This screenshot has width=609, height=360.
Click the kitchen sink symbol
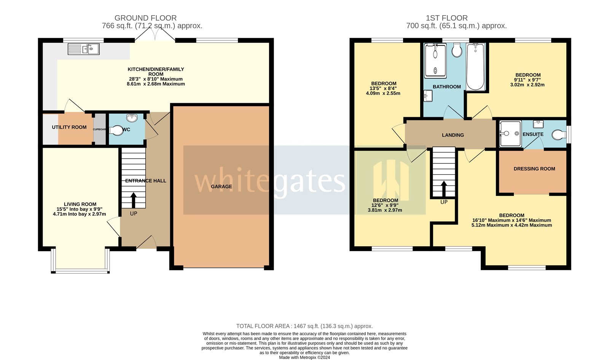coord(84,49)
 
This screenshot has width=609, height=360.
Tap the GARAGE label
coord(222,186)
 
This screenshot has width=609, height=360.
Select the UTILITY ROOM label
coord(69,127)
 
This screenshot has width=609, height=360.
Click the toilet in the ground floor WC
coord(116,131)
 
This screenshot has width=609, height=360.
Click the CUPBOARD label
coord(100,129)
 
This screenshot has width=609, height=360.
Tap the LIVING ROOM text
coord(80,204)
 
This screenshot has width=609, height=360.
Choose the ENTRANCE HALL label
coord(146,181)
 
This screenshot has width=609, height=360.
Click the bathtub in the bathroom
coord(475,67)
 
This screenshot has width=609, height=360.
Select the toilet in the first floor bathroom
coord(457,50)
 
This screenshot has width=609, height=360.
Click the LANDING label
coord(453,135)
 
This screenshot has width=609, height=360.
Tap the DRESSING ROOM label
coord(534,169)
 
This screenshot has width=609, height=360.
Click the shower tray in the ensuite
coord(510,134)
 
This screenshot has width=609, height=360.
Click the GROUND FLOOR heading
coord(145,18)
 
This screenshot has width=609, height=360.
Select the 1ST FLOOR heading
coord(446,18)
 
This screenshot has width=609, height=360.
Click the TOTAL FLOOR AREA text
coord(304,326)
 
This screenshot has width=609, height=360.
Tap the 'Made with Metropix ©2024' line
coord(304,357)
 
